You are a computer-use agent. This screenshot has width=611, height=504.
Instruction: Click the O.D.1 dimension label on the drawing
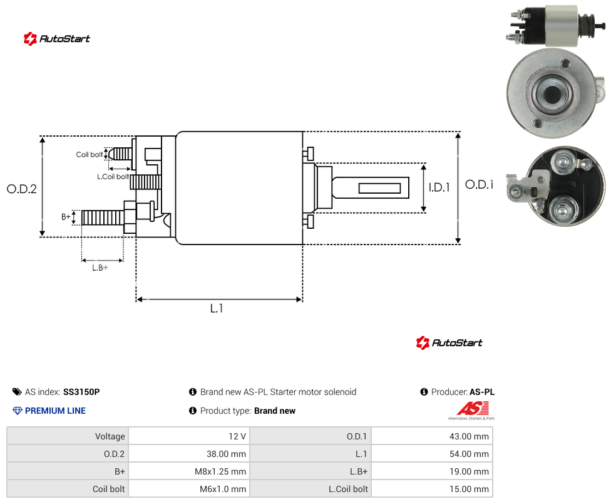click(x=479, y=184)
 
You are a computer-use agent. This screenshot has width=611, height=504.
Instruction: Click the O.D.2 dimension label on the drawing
click(x=22, y=189)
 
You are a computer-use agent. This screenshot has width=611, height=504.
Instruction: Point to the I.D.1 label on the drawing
click(x=439, y=187)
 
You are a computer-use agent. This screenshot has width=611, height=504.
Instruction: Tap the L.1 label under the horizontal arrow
click(x=217, y=308)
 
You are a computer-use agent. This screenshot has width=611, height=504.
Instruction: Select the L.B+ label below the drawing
click(x=100, y=268)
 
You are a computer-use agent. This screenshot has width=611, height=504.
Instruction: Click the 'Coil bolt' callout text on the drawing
click(x=90, y=154)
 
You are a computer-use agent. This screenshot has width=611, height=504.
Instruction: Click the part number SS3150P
click(x=81, y=392)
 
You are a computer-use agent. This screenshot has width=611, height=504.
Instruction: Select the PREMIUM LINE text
click(x=55, y=411)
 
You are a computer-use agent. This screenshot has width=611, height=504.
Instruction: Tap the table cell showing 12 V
click(x=190, y=436)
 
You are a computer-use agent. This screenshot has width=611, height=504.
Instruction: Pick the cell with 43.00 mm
click(x=432, y=436)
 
